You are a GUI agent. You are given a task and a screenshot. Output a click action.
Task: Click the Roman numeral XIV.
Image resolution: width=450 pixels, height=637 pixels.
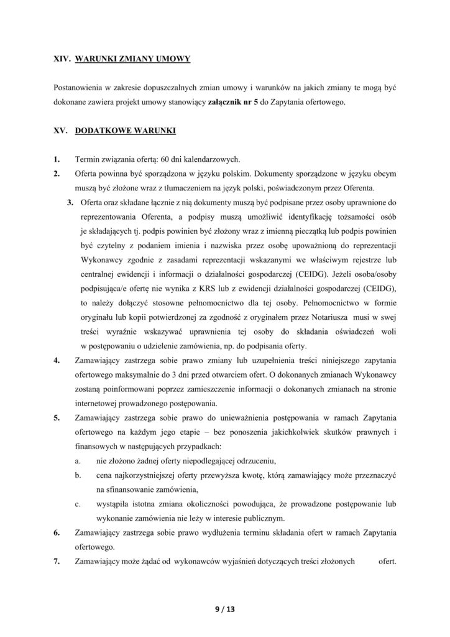[x=62, y=59]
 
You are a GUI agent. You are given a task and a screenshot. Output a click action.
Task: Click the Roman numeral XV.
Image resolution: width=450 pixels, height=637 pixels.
[x=60, y=131]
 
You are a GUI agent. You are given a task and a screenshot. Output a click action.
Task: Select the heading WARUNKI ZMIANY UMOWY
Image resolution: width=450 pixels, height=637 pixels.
[x=132, y=59]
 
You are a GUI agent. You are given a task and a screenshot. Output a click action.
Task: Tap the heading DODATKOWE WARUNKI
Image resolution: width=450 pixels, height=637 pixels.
[x=125, y=131]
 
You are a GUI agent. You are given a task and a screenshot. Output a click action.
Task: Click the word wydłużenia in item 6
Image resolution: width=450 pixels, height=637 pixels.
[x=229, y=532]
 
